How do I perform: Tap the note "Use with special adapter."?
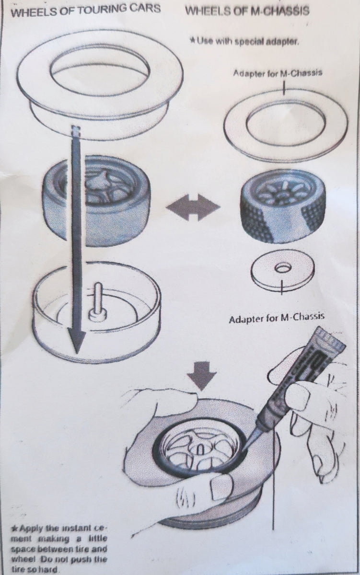pyautogui.click(x=244, y=41)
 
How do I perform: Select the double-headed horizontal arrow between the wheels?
pyautogui.click(x=193, y=207)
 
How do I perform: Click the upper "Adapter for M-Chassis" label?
pyautogui.click(x=278, y=73)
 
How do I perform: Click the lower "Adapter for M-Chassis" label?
pyautogui.click(x=276, y=318)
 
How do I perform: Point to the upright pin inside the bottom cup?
pyautogui.click(x=98, y=300)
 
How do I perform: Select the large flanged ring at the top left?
pyautogui.click(x=100, y=85)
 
